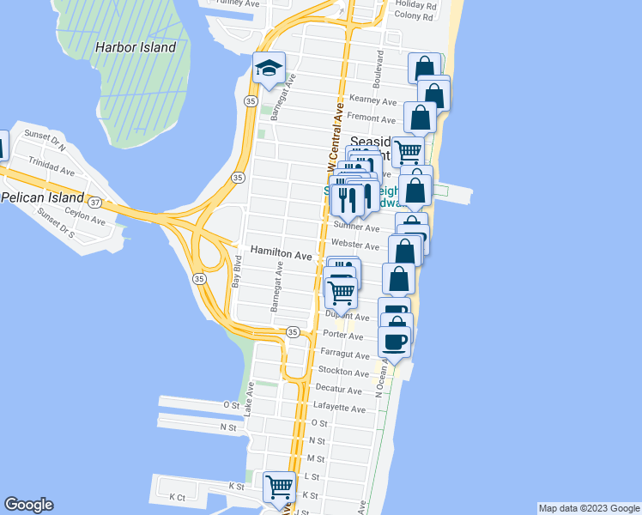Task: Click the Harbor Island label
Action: click(142, 48)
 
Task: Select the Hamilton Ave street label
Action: click(281, 255)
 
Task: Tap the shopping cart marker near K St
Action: click(279, 488)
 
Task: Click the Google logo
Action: click(28, 505)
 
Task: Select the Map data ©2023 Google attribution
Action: click(589, 508)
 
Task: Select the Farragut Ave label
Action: click(344, 354)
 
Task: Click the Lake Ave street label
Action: click(248, 400)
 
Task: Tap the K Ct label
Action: click(178, 497)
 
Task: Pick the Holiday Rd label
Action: click(417, 4)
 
